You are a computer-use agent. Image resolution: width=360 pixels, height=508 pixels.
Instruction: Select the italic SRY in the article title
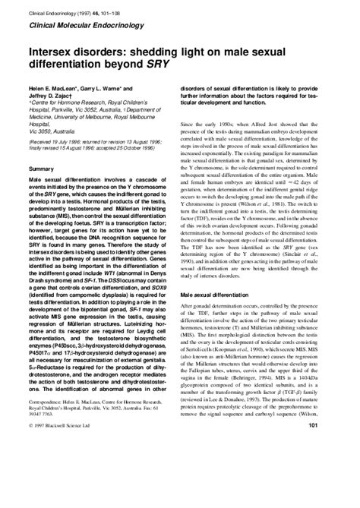[151, 66]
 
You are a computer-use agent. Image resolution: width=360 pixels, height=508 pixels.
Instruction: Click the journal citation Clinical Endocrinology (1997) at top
[61, 8]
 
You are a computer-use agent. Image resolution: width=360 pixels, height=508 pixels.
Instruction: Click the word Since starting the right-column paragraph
[189, 124]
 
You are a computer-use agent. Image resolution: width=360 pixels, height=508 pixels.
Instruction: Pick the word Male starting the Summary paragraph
[35, 204]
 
